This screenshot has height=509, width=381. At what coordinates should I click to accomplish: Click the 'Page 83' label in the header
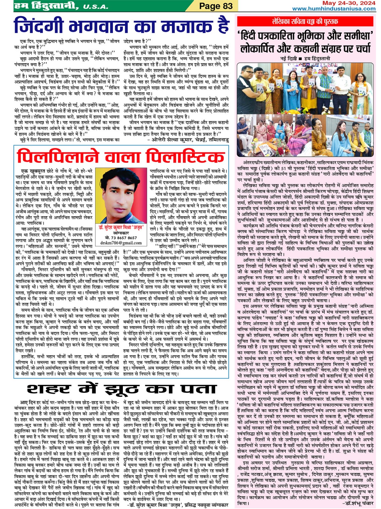(216, 6)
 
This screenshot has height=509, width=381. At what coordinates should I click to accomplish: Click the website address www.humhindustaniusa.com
(334, 9)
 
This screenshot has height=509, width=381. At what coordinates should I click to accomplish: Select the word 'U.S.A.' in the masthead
(95, 7)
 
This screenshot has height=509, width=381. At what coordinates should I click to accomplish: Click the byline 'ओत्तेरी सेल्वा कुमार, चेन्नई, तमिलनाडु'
(190, 139)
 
